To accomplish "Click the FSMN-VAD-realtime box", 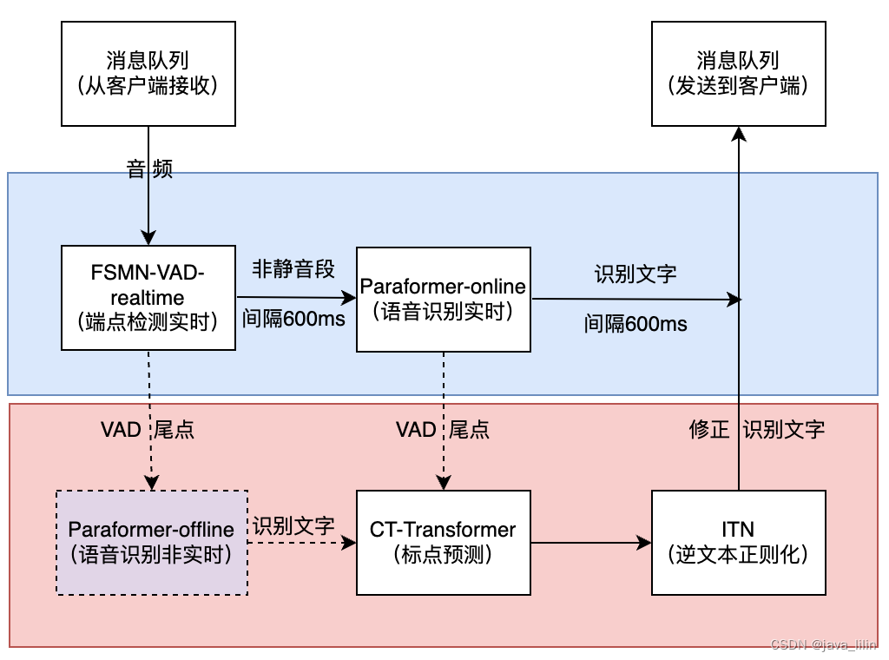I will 148,298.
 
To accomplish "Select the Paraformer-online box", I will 444,299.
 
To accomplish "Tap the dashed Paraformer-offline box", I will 152,542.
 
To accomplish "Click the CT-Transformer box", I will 444,542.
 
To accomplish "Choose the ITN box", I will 738,542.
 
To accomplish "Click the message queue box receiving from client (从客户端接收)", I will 148,73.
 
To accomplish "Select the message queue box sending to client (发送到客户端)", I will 738,73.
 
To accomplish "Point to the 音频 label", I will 149,169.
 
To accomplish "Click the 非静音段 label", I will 293,268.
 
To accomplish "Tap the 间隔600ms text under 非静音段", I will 293,319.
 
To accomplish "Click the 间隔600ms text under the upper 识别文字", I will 635,325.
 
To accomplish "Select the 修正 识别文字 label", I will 756,429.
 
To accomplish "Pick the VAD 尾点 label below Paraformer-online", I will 443,429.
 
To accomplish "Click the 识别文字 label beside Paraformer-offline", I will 293,525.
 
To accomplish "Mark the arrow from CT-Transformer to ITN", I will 590,543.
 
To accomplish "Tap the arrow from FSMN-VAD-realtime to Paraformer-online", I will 295,298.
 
